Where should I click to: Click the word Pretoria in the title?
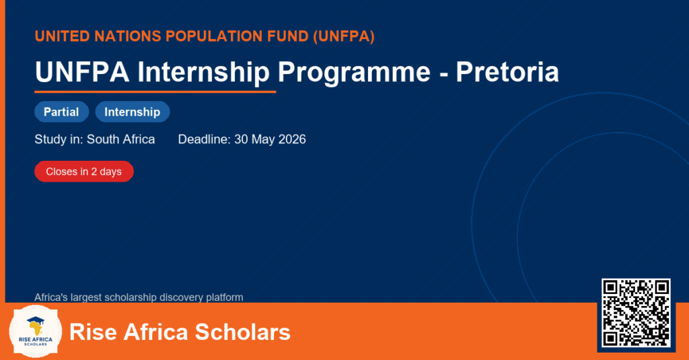tap(507, 71)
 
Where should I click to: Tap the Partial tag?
tap(61, 112)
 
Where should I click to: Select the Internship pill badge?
tap(133, 112)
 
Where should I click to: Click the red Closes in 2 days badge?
tap(84, 172)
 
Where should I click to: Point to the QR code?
tap(636, 312)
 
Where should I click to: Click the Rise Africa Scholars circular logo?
tap(36, 332)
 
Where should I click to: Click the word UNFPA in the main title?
tap(82, 71)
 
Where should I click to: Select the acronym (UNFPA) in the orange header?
tap(344, 36)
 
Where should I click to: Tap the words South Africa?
tap(121, 139)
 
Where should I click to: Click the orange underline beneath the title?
tap(155, 92)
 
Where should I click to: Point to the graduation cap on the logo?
tap(36, 320)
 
